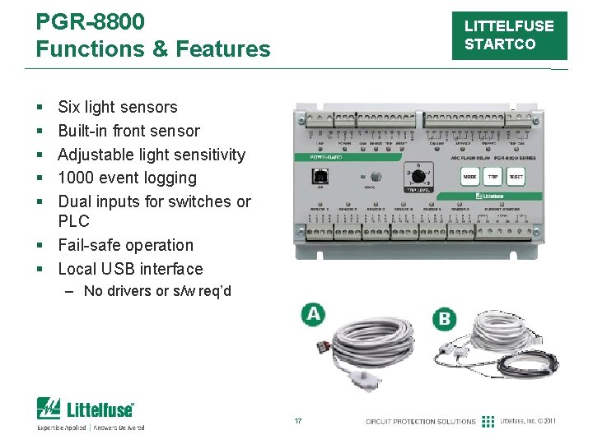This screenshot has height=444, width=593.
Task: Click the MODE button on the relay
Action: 470,177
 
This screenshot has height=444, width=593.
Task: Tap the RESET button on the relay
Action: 516,177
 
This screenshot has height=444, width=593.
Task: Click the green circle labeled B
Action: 446,318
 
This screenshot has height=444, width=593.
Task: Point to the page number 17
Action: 298,421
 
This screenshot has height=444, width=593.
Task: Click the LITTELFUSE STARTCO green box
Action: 509,36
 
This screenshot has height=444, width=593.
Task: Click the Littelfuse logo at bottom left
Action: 86,409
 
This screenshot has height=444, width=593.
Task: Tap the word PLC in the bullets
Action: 73,221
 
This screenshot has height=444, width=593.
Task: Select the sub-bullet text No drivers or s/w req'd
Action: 157,291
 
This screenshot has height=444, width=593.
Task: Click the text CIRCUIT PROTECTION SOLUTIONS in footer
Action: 421,422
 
